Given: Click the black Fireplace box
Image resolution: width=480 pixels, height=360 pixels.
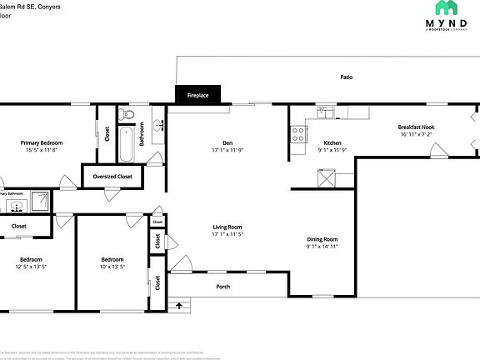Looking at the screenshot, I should pos(197,96).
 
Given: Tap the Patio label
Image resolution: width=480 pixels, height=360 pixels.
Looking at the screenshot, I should pos(346,77).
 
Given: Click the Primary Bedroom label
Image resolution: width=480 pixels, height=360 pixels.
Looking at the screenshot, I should pos(42,142).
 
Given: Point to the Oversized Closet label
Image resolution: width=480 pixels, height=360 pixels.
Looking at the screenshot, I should pos(112,177).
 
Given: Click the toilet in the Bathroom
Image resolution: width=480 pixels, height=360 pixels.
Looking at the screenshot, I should pos(124,115).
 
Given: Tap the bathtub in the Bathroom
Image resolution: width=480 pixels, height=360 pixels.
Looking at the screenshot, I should pos(126,144).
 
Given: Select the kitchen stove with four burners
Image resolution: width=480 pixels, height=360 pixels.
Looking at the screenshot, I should pos(297,132).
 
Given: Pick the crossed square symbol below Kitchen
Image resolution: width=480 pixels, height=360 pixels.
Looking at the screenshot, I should pos(325,177).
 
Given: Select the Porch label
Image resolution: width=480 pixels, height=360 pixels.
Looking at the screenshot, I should pos(223,287).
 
